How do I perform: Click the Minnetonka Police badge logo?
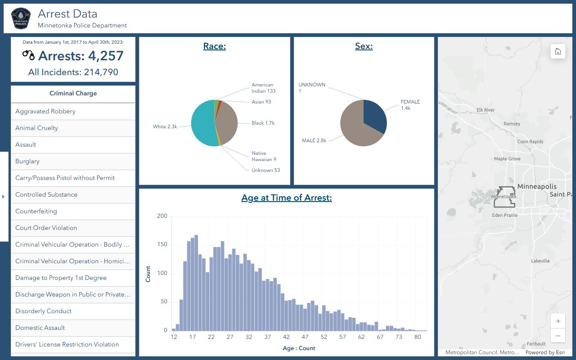[x=21, y=18]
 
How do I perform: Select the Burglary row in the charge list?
[x=73, y=162]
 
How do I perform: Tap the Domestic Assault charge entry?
[x=73, y=328]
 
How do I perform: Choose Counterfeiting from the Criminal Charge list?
[x=73, y=211]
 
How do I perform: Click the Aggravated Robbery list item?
[x=73, y=112]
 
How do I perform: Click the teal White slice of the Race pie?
[x=202, y=124]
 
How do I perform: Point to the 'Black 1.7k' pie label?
[x=263, y=123]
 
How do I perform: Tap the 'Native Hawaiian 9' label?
[x=264, y=156]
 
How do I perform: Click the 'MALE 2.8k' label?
[x=314, y=141]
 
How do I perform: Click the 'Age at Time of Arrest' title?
[x=287, y=198]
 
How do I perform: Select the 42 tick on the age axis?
[x=286, y=337]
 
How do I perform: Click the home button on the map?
[x=558, y=51]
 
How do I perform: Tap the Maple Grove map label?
[x=507, y=159]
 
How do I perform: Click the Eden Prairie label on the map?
[x=504, y=216]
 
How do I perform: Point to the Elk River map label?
[x=486, y=110]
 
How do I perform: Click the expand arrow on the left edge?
[x=4, y=197]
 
